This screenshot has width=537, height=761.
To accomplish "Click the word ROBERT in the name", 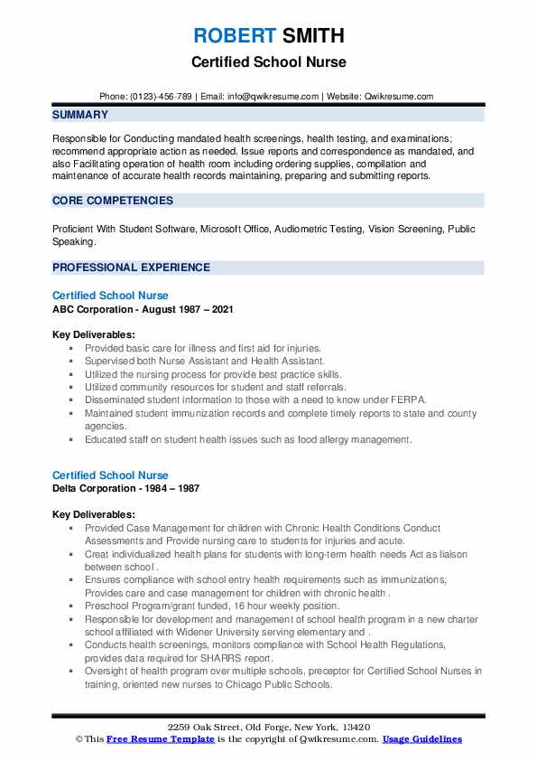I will [x=234, y=36].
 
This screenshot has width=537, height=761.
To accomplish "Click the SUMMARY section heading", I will [x=80, y=115].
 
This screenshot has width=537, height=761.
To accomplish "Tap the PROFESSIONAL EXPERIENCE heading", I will [x=131, y=268].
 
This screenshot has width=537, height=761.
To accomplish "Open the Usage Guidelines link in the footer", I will [x=422, y=739].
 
